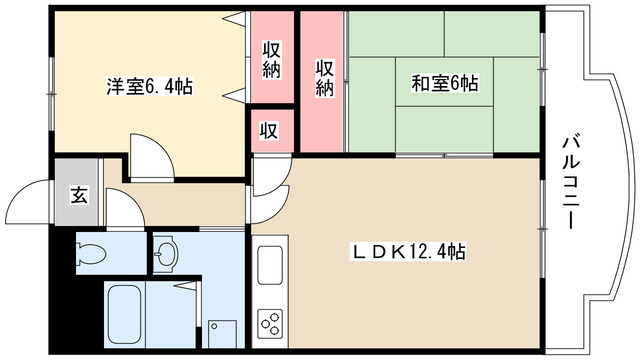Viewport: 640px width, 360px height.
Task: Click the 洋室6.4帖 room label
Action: pos(150,87)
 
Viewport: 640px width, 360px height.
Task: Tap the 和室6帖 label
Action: pos(445,84)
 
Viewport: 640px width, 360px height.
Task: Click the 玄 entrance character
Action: pos(78,194)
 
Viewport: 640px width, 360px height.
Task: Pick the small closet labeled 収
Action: pos(270,130)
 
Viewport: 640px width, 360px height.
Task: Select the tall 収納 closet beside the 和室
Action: pos(323,80)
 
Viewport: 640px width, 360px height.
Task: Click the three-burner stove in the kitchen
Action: pos(271,321)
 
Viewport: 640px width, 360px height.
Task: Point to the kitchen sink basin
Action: pos(272,266)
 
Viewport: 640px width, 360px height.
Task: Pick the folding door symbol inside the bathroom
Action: pos(184,295)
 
